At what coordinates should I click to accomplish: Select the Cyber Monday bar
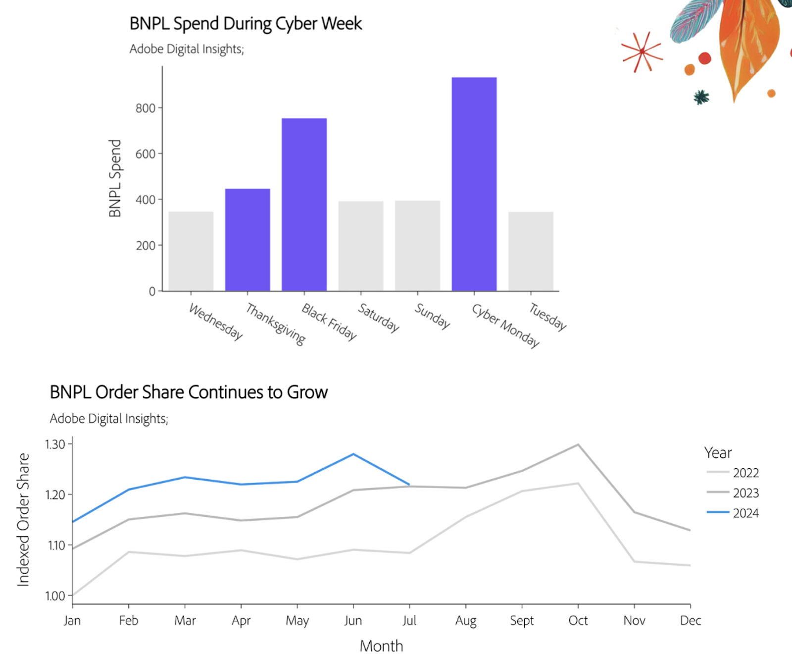pos(474,184)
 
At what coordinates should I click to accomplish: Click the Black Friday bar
pos(304,204)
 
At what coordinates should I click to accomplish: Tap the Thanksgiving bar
pos(247,239)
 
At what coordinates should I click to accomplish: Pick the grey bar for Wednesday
pos(191,251)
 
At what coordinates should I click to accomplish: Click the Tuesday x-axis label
pos(547,316)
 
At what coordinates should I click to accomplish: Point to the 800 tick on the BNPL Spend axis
pos(146,108)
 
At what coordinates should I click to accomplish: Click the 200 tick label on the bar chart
pos(146,245)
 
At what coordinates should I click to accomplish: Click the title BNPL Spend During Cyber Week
pos(246,24)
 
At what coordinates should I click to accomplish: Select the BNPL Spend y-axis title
pos(115,178)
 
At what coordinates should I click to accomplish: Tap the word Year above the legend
pos(717,452)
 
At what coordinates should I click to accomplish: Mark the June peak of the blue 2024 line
pos(353,454)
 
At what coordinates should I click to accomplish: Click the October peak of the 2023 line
pos(578,444)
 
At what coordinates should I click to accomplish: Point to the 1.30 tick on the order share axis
pos(55,444)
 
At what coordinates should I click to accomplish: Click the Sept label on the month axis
pos(522,620)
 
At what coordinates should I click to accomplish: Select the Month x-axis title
pos(381,646)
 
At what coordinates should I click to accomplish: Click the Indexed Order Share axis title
pos(23,519)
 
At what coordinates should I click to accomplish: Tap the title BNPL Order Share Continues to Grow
pos(189,392)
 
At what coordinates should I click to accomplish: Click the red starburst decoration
pos(642,52)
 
